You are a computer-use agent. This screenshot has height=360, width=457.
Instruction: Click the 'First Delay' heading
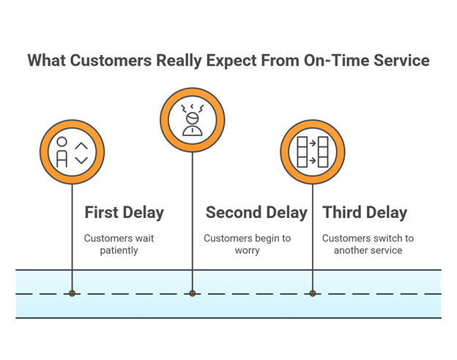tap(125, 213)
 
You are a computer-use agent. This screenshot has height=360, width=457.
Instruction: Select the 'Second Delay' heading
tap(256, 212)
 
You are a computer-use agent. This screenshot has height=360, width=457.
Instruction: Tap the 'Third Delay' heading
tap(365, 213)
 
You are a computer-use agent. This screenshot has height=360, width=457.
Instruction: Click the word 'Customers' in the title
tap(111, 61)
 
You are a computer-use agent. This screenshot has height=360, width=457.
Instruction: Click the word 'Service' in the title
tap(401, 61)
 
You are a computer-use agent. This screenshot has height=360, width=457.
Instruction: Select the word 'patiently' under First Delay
tap(119, 250)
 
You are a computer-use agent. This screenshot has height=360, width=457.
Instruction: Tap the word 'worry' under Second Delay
tap(247, 251)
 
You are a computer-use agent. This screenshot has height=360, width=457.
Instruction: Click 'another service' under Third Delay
tap(368, 250)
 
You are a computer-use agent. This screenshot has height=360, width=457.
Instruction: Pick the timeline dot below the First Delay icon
tap(73, 293)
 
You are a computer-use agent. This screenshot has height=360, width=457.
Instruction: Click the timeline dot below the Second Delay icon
tap(193, 293)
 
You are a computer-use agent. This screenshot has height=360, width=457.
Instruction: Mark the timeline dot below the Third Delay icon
tap(313, 293)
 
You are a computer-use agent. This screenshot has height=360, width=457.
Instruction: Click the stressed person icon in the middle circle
tap(193, 120)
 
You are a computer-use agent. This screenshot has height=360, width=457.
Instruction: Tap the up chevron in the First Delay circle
tap(81, 146)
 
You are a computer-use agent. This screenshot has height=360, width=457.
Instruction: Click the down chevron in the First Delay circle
tap(81, 160)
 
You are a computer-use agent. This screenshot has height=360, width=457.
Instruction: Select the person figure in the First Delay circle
tap(62, 152)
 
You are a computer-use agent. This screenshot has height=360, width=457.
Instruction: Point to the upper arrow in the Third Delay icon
tap(313, 143)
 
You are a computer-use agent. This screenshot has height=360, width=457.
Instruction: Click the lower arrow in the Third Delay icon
tap(313, 160)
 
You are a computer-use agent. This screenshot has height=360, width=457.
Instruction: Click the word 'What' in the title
tap(47, 61)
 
